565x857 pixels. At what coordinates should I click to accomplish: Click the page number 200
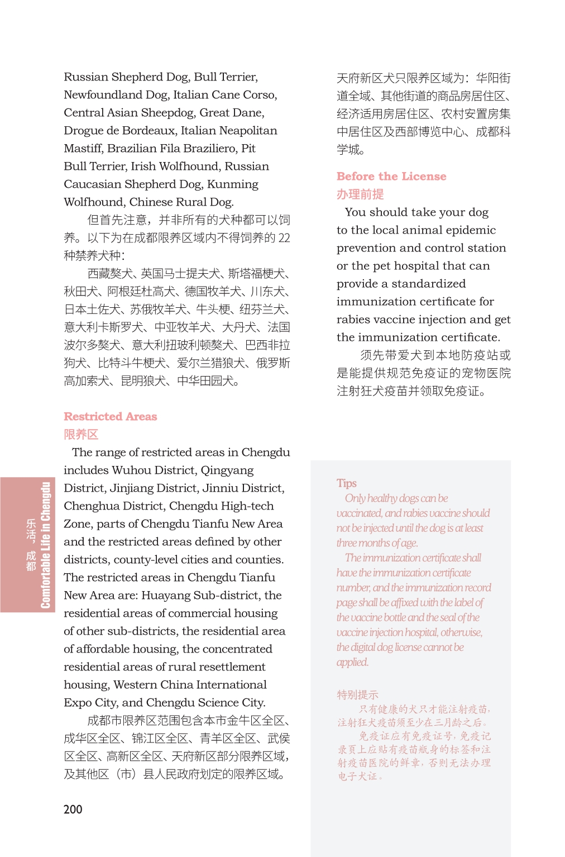(x=73, y=809)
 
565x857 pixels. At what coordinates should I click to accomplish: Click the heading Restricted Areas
(x=110, y=416)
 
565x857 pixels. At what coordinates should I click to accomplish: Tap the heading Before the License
(x=391, y=177)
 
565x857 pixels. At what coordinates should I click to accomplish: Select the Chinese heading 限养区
(x=81, y=435)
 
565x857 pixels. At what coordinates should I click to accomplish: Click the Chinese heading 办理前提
(x=360, y=194)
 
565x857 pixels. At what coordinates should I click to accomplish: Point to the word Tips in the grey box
(x=346, y=483)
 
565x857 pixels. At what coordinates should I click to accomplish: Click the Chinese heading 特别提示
(x=357, y=695)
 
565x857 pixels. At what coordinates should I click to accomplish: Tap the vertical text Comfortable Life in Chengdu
(x=45, y=545)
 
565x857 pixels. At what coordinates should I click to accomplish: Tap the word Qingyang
(x=227, y=470)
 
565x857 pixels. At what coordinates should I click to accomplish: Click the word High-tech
(x=246, y=506)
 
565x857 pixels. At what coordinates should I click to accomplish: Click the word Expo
(x=78, y=703)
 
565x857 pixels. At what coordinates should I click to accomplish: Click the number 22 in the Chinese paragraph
(x=284, y=238)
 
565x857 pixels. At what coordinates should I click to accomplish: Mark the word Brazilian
(x=132, y=149)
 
